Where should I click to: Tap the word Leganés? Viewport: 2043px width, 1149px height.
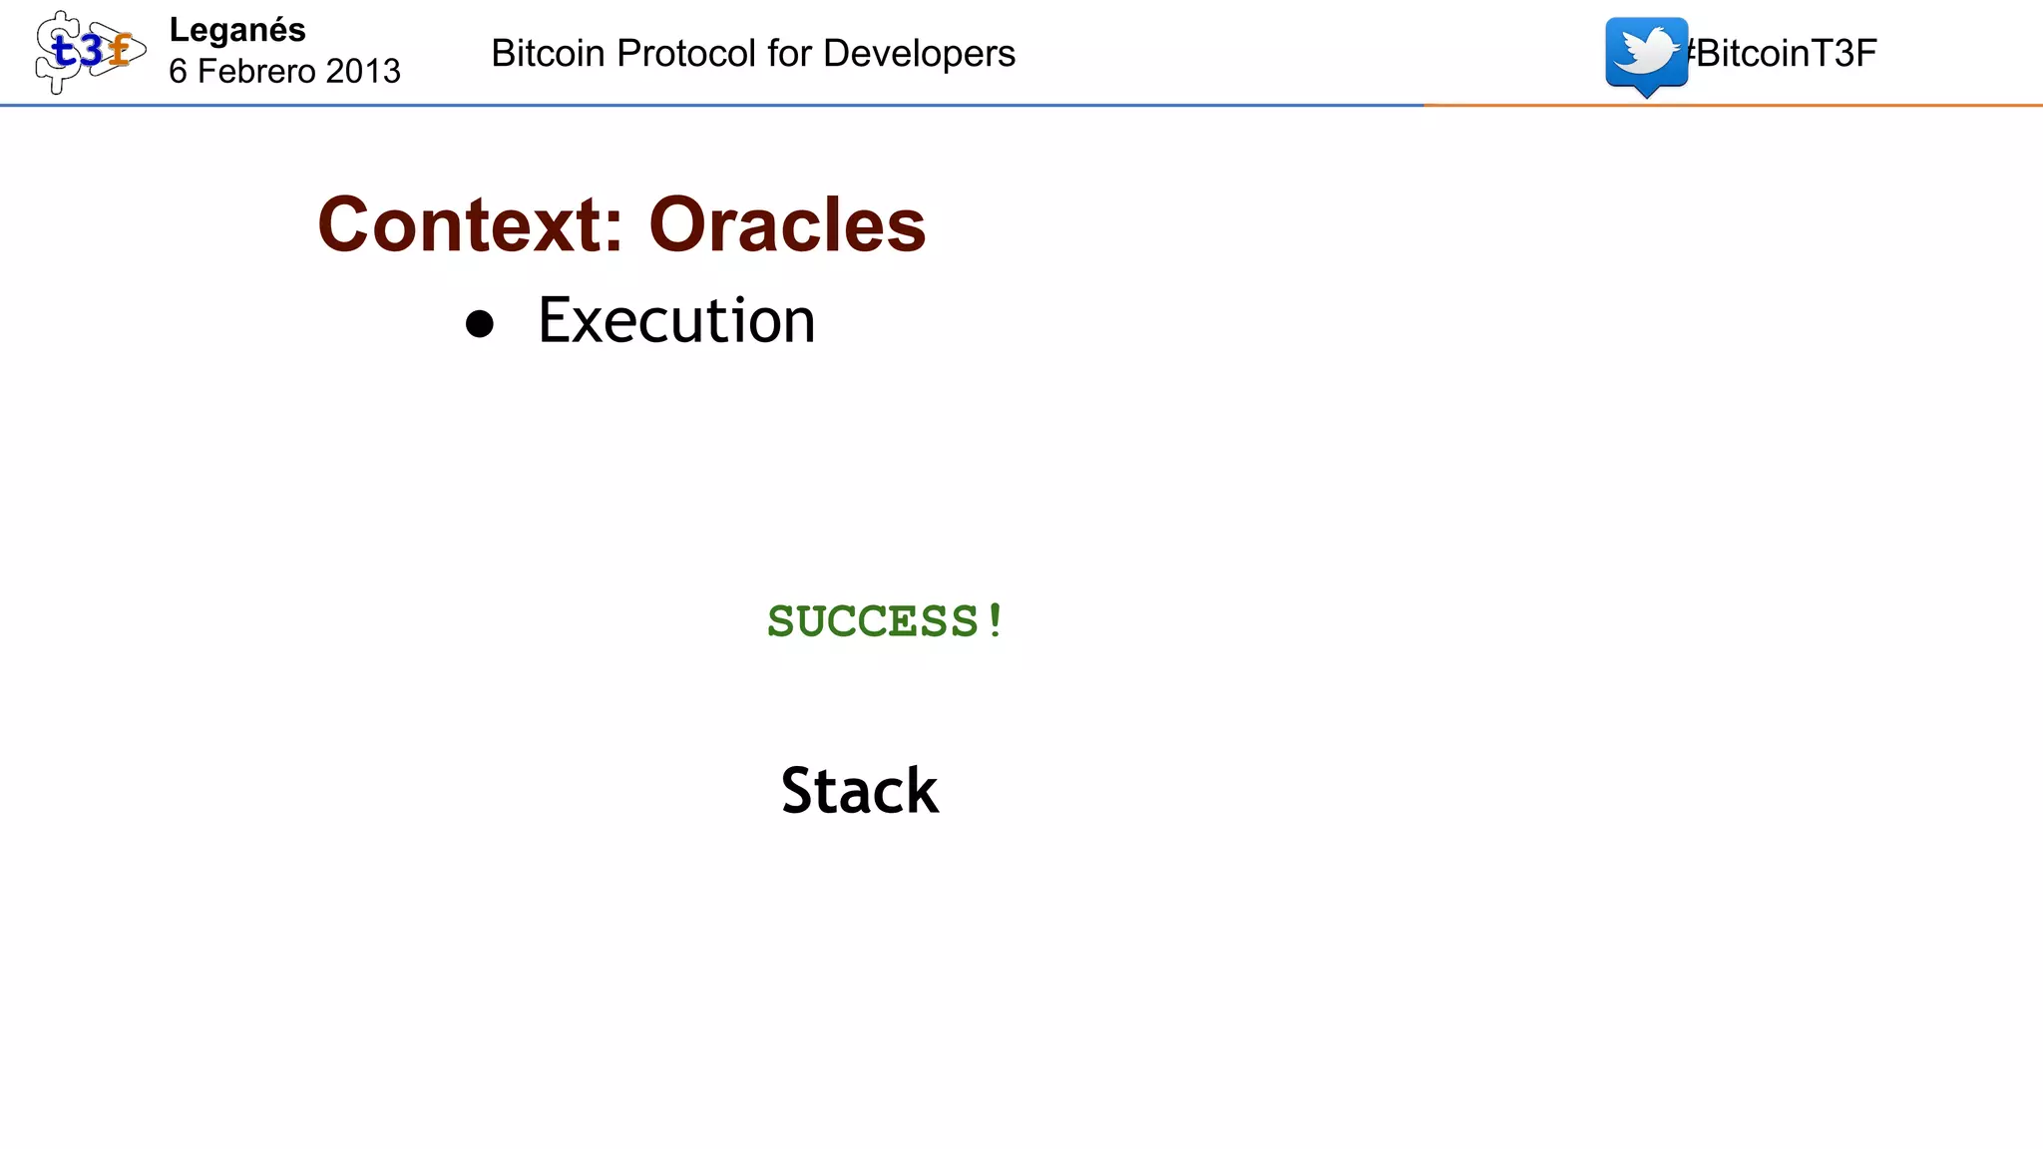(x=237, y=31)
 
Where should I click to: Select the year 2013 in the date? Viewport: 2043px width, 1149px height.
(x=363, y=72)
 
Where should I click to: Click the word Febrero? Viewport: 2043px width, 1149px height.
(x=256, y=72)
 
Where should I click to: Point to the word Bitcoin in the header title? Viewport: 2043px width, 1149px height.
(x=548, y=54)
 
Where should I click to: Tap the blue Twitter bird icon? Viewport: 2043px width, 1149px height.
(x=1646, y=54)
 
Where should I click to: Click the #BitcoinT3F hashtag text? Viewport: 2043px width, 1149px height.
(x=1782, y=54)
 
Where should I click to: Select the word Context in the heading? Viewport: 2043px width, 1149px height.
(x=460, y=225)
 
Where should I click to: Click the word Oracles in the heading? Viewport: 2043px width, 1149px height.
(x=787, y=225)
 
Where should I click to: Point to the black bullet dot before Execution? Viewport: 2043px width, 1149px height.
(x=480, y=324)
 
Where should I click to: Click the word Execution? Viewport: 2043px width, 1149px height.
(x=676, y=321)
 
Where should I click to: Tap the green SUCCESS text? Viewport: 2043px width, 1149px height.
(x=874, y=621)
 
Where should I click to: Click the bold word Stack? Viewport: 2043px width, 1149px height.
(x=860, y=791)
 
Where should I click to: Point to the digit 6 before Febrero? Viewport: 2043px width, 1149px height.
(x=179, y=72)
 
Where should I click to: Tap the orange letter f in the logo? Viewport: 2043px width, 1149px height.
(x=121, y=50)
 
